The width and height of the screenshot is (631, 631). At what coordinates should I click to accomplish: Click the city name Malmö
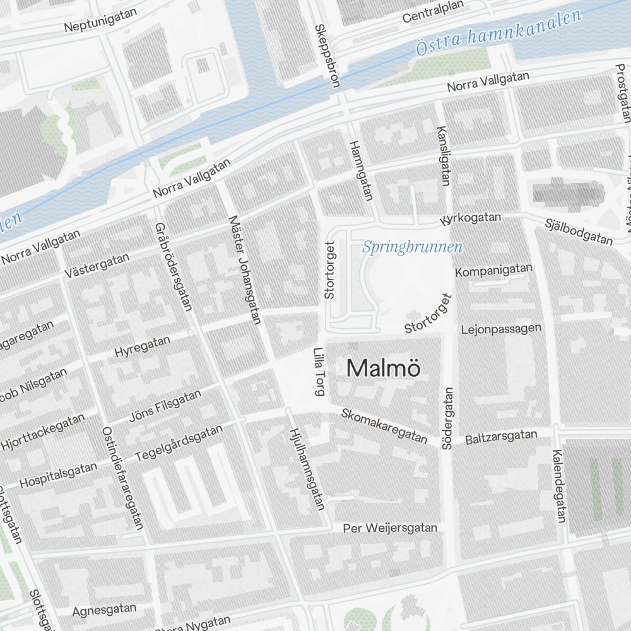coord(383,369)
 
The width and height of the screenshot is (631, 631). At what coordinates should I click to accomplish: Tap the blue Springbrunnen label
coord(412,247)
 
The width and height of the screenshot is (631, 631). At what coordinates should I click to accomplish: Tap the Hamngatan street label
coord(360,170)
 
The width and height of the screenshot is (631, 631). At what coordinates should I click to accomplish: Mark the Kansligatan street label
coord(444,155)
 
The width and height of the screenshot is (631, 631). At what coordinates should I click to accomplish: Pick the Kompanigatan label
coord(493,270)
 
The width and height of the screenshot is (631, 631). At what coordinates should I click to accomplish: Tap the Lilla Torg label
coord(319,372)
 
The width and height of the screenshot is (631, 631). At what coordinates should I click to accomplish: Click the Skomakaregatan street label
coord(384,427)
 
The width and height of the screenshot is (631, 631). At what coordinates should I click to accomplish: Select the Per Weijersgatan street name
coord(389,528)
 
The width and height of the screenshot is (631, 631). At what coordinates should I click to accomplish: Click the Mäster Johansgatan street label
coord(245,269)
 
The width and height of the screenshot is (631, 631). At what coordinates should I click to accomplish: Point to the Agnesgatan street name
coord(104,610)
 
